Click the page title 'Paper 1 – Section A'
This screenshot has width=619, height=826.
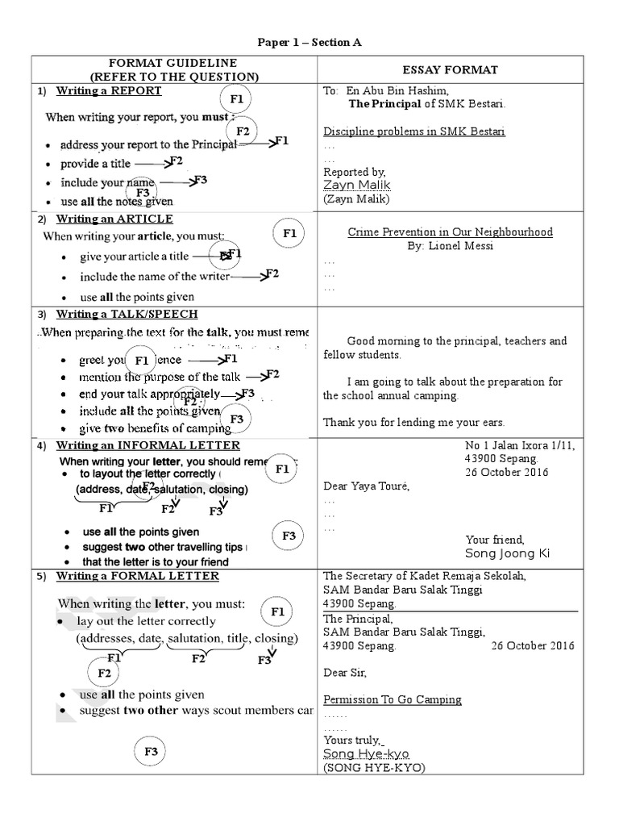[x=310, y=43]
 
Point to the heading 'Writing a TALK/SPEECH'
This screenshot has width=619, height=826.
[x=127, y=314]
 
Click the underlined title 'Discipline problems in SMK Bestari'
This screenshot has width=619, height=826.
[x=414, y=131]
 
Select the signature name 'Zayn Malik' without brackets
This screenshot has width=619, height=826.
[x=356, y=186]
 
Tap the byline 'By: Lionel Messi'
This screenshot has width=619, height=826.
[x=450, y=246]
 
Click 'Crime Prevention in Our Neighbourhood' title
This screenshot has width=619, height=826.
[x=450, y=232]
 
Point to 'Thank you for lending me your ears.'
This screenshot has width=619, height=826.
[x=413, y=422]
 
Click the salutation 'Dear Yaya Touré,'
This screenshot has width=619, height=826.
[x=366, y=486]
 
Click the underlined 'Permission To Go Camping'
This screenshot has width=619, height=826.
[x=392, y=699]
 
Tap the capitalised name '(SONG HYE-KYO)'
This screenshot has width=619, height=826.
[x=373, y=768]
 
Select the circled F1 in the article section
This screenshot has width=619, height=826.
[x=289, y=234]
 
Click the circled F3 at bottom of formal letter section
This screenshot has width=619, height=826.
[x=151, y=752]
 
